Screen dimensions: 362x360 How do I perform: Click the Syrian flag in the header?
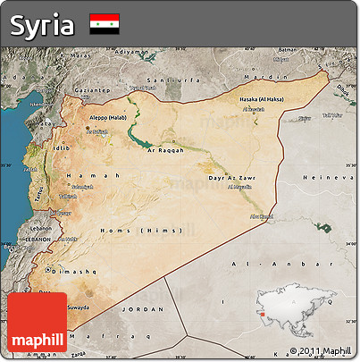[104, 24]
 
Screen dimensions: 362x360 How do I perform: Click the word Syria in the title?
[42, 25]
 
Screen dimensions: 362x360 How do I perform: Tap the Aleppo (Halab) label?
[111, 117]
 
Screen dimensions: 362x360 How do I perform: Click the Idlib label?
[61, 147]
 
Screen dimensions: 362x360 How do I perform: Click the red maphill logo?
[37, 322]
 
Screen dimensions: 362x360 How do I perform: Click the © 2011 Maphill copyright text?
[322, 350]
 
